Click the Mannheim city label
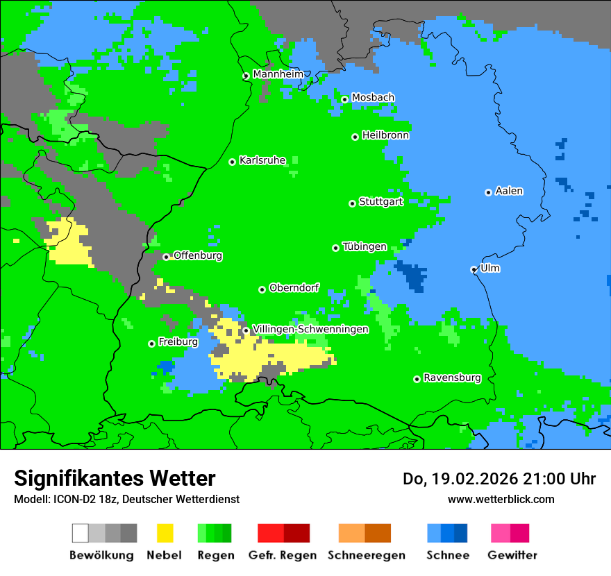[278, 74]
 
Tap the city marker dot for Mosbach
[344, 99]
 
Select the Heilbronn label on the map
[385, 135]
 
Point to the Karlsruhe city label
[262, 160]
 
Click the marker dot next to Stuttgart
[352, 203]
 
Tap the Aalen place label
[509, 191]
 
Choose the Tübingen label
[365, 246]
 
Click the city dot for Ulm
[474, 269]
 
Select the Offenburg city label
[198, 255]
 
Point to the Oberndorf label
[294, 288]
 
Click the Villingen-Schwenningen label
[310, 329]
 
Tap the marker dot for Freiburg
[151, 344]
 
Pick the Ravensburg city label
[452, 378]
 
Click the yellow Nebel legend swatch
[165, 533]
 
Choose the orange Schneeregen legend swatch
[365, 533]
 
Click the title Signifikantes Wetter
[115, 478]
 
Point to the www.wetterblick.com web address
[501, 499]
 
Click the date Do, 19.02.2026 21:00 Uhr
[499, 479]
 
